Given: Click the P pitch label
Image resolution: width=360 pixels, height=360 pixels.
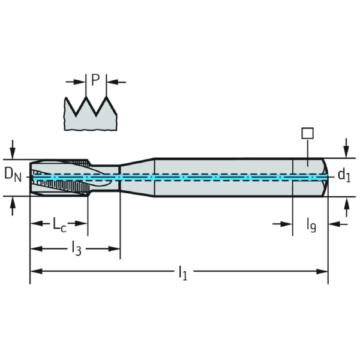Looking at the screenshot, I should point(95,80).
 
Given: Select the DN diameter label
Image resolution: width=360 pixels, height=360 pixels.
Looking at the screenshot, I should point(13,174).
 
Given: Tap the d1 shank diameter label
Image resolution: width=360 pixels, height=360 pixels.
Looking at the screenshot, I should point(343,175).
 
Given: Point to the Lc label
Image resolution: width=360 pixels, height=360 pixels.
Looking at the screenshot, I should point(59,225).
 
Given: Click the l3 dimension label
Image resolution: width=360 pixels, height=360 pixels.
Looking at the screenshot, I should point(76,247).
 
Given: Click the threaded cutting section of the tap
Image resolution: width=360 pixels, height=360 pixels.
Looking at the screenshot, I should point(60,177).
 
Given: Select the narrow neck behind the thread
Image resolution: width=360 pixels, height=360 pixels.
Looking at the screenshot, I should point(104,177).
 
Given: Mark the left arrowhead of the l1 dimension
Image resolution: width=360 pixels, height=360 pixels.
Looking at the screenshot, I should point(34,271).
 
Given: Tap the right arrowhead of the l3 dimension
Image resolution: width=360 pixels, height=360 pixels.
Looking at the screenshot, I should point(115,247).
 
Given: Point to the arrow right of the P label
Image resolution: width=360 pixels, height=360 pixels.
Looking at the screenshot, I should point(112,80).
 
